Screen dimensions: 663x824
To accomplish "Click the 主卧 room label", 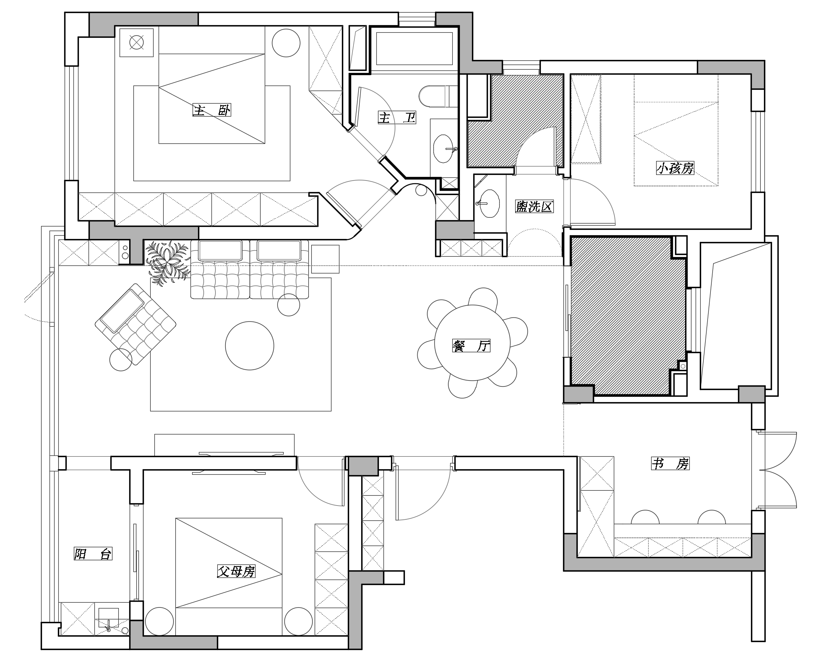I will [x=212, y=110].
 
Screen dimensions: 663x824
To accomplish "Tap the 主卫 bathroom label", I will [x=397, y=118].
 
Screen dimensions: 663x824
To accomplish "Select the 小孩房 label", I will [x=675, y=169].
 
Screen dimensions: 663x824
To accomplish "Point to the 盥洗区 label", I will [x=534, y=206].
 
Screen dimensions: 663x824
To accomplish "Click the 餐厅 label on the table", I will [x=472, y=346].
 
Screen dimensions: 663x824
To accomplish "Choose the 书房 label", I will [x=670, y=464].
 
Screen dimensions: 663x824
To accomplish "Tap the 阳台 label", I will [x=93, y=554].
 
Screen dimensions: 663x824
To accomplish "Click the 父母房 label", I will [x=236, y=571].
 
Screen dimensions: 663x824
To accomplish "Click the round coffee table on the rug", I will [x=250, y=346].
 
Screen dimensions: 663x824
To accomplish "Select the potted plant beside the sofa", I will [x=167, y=262].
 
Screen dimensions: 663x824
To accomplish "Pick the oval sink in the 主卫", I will [x=443, y=148].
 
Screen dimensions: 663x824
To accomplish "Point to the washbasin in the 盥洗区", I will [x=489, y=203].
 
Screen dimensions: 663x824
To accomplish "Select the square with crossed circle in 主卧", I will [x=136, y=42].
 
